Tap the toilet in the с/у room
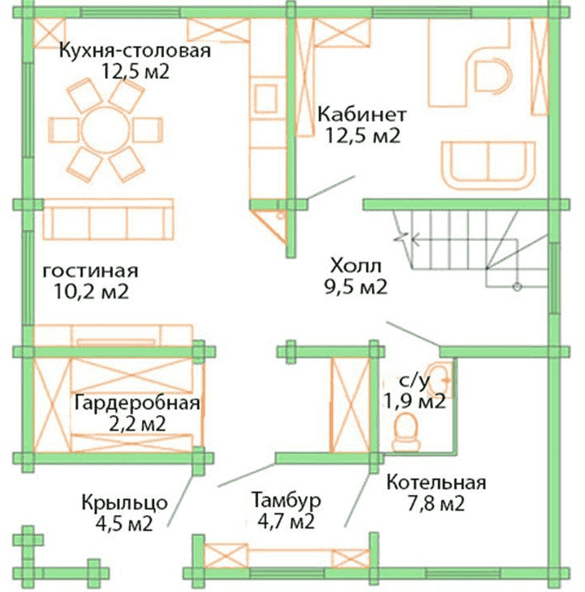point(406,431)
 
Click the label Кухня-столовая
point(135,51)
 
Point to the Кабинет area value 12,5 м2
point(362,136)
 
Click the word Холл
point(356,266)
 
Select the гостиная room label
point(91,271)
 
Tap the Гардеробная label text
point(137,403)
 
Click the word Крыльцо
point(125,503)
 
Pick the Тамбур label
point(286,500)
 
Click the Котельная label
point(437,483)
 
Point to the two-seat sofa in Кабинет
point(489,166)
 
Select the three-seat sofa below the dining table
point(109,219)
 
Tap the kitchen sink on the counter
point(266,99)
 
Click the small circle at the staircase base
point(517,287)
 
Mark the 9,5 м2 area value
point(356,288)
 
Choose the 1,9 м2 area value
point(414,401)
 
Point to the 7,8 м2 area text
point(437,504)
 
